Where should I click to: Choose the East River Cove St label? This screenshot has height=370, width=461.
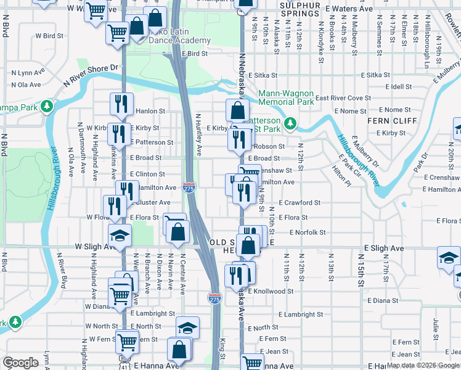click(343, 98)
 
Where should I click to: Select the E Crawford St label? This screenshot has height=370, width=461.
click(300, 202)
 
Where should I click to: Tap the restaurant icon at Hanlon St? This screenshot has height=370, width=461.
click(121, 104)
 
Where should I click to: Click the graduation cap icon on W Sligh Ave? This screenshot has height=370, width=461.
click(120, 235)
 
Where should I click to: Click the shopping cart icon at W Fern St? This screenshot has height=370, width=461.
click(127, 340)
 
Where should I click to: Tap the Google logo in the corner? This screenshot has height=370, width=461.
click(21, 363)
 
